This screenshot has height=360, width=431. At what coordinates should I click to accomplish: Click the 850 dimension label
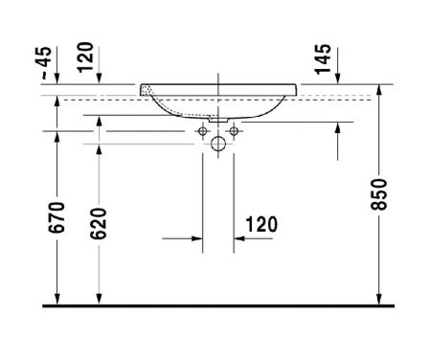(379, 194)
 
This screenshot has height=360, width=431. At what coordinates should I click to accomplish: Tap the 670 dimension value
(57, 217)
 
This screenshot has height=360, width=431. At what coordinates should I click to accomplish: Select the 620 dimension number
(99, 223)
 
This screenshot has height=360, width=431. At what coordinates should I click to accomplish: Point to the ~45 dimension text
(44, 63)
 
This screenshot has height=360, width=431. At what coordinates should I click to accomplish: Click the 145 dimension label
(323, 59)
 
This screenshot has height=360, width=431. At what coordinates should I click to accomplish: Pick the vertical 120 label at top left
(86, 57)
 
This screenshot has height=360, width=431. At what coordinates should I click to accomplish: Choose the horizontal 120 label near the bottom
(261, 224)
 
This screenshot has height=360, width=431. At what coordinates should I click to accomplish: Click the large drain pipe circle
(218, 144)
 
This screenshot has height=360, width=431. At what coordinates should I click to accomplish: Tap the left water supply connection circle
(202, 131)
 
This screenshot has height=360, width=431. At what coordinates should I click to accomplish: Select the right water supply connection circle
(234, 131)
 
